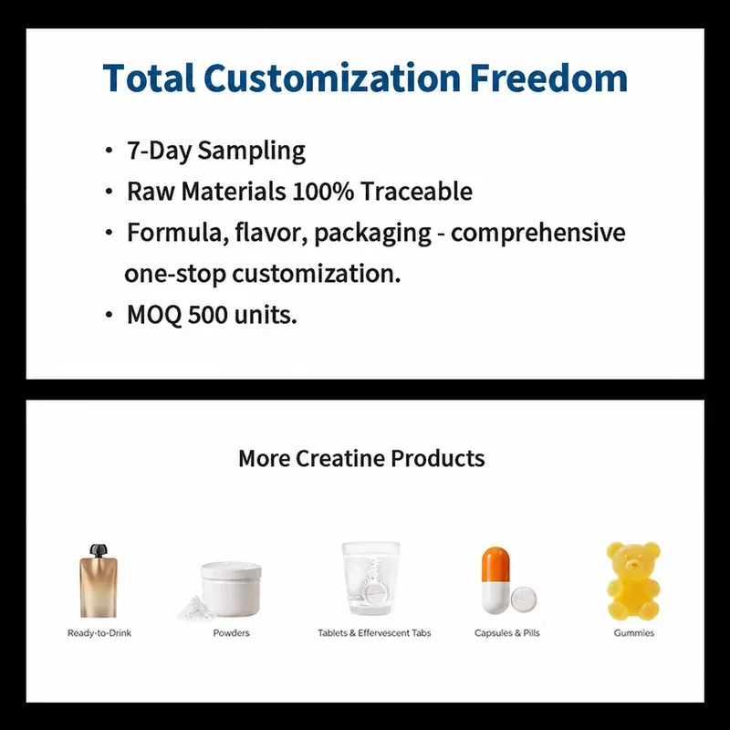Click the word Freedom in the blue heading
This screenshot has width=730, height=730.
(548, 78)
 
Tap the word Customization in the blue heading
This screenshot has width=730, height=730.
(332, 78)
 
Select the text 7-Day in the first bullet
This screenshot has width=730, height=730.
(159, 151)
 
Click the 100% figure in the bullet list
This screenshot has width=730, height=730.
(323, 192)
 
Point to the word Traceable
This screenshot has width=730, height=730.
(416, 192)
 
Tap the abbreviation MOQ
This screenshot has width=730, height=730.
(154, 315)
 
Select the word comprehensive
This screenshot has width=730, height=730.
(537, 233)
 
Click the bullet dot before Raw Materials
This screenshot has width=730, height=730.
(109, 192)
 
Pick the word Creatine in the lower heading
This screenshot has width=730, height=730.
(339, 458)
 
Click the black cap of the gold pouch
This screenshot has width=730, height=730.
(99, 550)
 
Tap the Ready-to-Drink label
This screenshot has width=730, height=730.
(99, 633)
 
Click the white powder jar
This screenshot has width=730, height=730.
(232, 589)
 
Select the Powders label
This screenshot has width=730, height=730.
(231, 633)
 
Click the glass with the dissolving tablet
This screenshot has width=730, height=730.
(370, 579)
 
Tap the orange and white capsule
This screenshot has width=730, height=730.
(495, 580)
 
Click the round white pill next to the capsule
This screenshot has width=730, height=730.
(524, 599)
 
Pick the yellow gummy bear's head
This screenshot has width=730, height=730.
(633, 560)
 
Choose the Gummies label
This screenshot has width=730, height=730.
(633, 633)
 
